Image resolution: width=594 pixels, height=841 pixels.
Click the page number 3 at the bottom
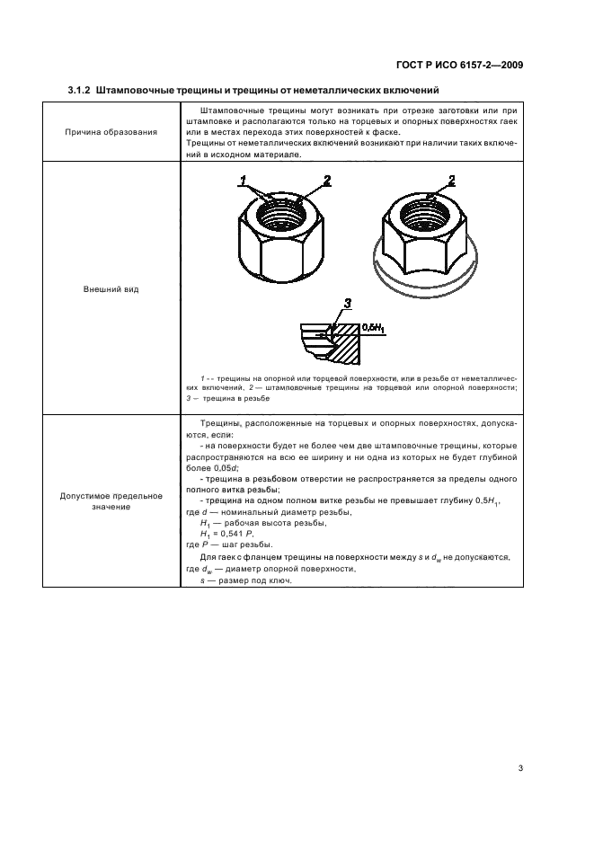tap(520, 742)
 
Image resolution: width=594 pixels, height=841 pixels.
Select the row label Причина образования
tap(111, 131)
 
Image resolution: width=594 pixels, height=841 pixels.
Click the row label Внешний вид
tap(111, 290)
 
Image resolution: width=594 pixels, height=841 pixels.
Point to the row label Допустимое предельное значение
tap(111, 501)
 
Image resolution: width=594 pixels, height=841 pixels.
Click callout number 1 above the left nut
tap(243, 181)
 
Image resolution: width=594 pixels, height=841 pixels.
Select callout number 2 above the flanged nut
tap(452, 181)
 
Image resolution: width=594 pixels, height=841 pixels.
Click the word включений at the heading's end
tap(409, 90)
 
